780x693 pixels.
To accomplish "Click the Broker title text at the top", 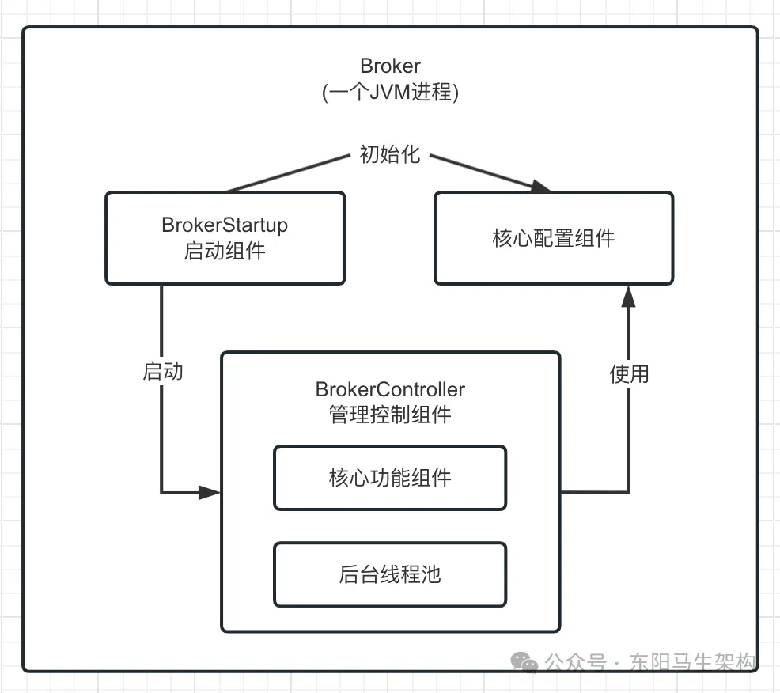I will pyautogui.click(x=390, y=66).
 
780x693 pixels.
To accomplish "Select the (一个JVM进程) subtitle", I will pyautogui.click(x=390, y=92).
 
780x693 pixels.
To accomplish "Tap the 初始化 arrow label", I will pyautogui.click(x=389, y=155).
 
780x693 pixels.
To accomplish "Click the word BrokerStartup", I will pyautogui.click(x=225, y=225).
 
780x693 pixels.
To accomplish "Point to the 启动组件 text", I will pyautogui.click(x=225, y=252).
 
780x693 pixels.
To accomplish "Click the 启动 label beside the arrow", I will pyautogui.click(x=163, y=372).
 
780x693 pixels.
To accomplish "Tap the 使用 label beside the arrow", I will pyautogui.click(x=629, y=374).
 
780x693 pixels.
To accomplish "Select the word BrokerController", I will pyautogui.click(x=390, y=389).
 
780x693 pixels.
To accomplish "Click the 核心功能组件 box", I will pyautogui.click(x=390, y=478).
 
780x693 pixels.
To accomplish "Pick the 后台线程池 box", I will pyautogui.click(x=390, y=574).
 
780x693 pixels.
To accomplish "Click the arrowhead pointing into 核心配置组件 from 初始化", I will pyautogui.click(x=540, y=187).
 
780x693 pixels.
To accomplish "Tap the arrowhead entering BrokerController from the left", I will pyautogui.click(x=210, y=493).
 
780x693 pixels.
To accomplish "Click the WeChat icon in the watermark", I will pyautogui.click(x=524, y=661).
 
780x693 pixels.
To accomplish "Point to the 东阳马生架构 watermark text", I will pyautogui.click(x=693, y=662).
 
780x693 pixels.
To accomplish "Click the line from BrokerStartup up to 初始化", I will pyautogui.click(x=289, y=173).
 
